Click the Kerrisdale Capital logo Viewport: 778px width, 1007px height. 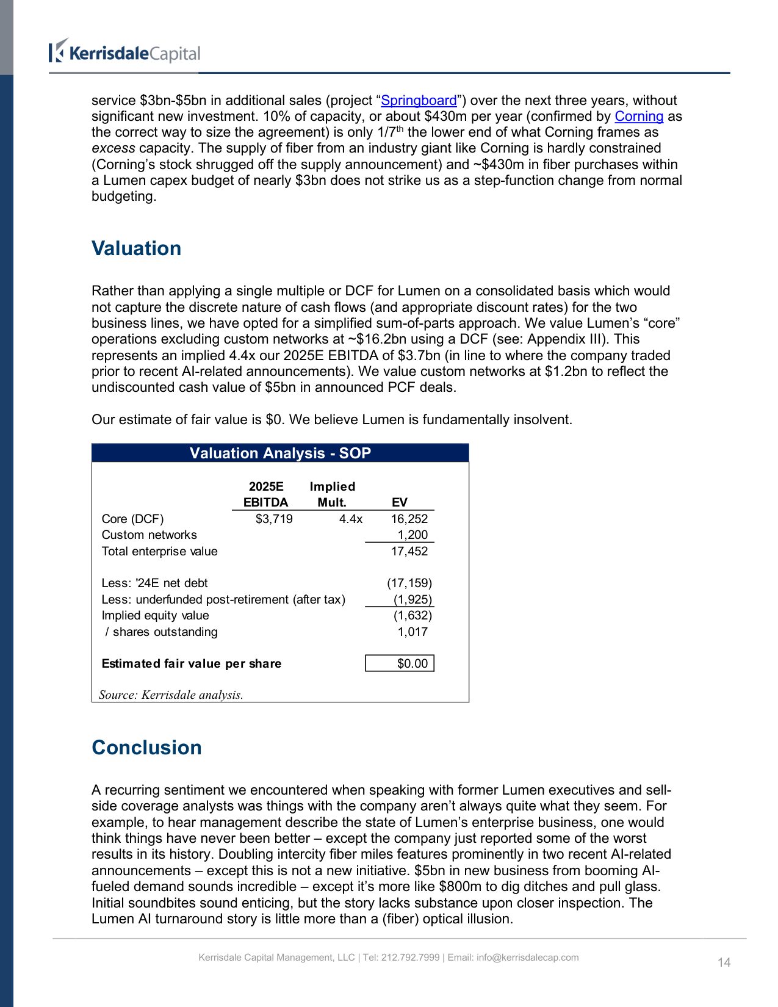coord(125,52)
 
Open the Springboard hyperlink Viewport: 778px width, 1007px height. coord(419,101)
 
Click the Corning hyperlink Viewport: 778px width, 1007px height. coord(638,117)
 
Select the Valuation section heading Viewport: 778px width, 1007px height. coord(136,248)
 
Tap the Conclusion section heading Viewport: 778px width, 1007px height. coord(146,748)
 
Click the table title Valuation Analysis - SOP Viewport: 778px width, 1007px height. coord(280,453)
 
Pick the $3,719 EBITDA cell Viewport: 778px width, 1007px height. coord(274,519)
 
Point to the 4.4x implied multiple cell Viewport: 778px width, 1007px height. coord(350,519)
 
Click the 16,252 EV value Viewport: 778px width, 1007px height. coord(409,519)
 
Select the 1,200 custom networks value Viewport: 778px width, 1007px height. coord(412,535)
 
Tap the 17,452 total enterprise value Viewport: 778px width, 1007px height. coord(409,551)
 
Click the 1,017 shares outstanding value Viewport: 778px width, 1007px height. coord(412,632)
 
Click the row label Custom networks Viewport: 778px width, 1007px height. coord(149,535)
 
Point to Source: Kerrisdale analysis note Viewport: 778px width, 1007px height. coord(171,695)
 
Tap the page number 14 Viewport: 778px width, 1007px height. coord(724,962)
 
